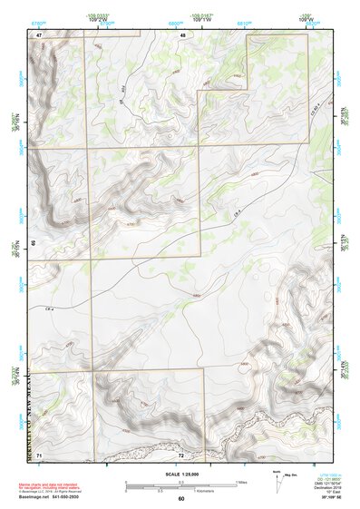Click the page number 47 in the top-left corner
coord(40,34)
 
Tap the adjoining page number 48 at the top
coord(182,34)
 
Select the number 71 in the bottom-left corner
coord(40,453)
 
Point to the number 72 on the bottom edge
coord(181,453)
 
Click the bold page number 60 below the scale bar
coord(181,498)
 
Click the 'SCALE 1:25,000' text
coord(180,473)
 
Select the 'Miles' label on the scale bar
coord(241,481)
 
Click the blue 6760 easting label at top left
coord(38,19)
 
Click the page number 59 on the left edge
coord(34,243)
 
